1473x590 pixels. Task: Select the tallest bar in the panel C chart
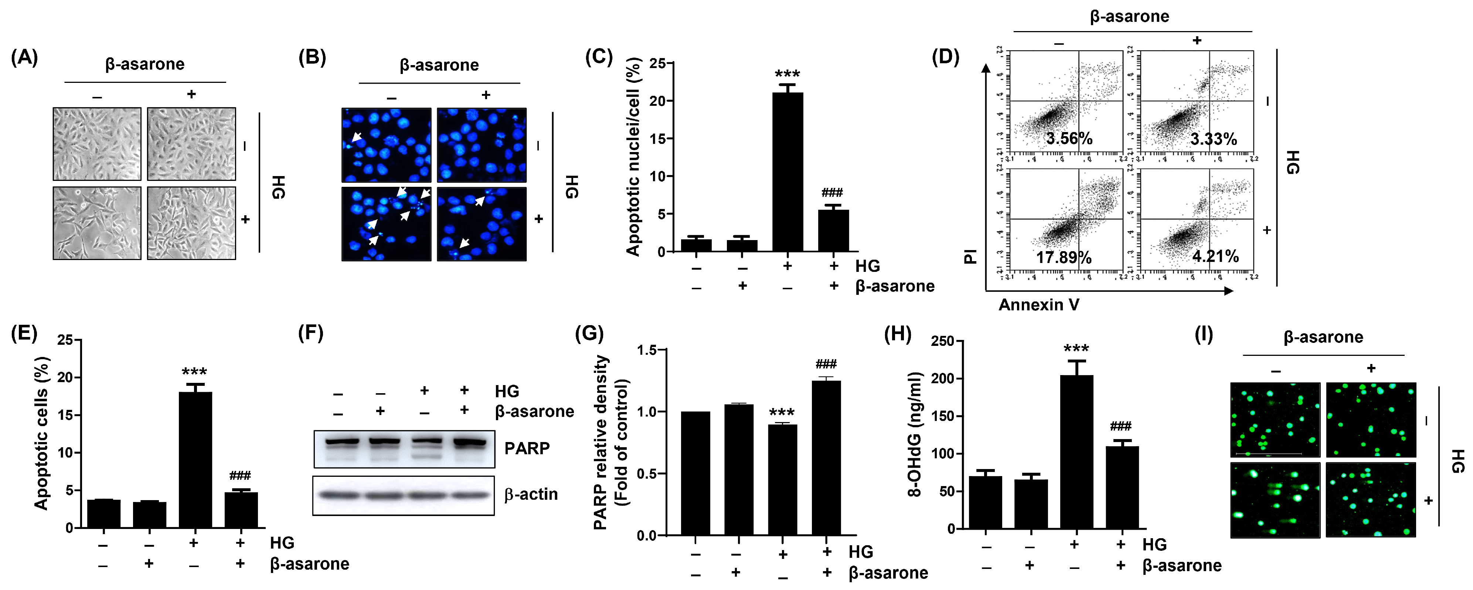click(x=787, y=172)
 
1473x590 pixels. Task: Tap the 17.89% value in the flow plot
click(x=1064, y=257)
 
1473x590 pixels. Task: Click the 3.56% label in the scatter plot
click(x=1069, y=138)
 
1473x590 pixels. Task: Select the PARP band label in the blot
click(x=527, y=448)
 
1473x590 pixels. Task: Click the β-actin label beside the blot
click(x=531, y=494)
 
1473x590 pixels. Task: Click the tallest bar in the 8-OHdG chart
click(x=1076, y=452)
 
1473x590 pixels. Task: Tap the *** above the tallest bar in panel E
click(x=194, y=372)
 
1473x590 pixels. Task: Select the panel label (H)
click(x=898, y=334)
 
